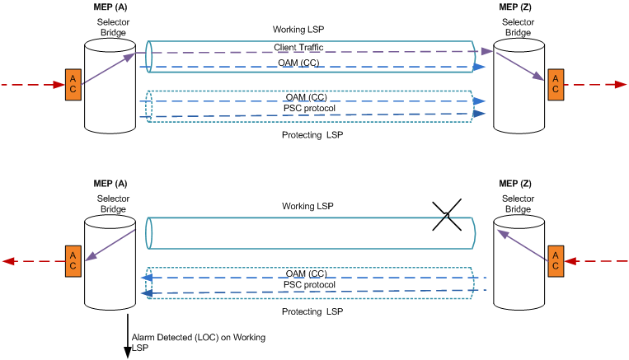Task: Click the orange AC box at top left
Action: (x=73, y=85)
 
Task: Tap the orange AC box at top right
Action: (x=555, y=84)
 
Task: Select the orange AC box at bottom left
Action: (x=73, y=260)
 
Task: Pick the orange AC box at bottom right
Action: (x=555, y=260)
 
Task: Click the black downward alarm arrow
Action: (x=128, y=338)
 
